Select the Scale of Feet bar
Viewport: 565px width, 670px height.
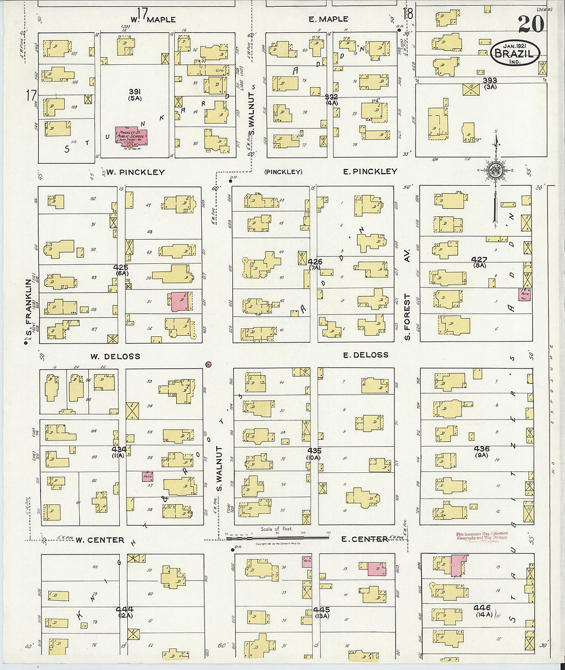point(277,537)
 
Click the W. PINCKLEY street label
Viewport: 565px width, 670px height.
point(136,172)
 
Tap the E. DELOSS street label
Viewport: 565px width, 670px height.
point(365,355)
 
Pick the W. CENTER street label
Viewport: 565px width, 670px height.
point(100,540)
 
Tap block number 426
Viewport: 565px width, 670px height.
point(315,262)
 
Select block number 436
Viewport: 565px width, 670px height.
point(481,449)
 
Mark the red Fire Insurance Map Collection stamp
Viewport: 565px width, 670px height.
point(482,537)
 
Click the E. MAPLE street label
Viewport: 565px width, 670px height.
point(328,20)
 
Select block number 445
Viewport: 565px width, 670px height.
point(321,610)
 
